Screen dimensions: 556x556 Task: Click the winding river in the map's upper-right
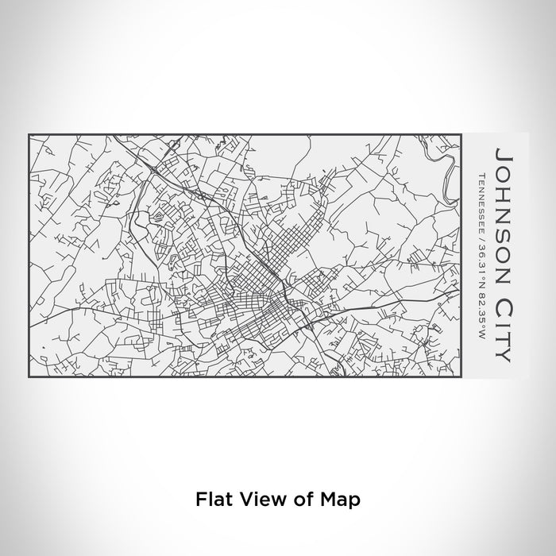[x=450, y=163]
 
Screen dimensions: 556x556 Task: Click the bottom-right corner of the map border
[x=461, y=376]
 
